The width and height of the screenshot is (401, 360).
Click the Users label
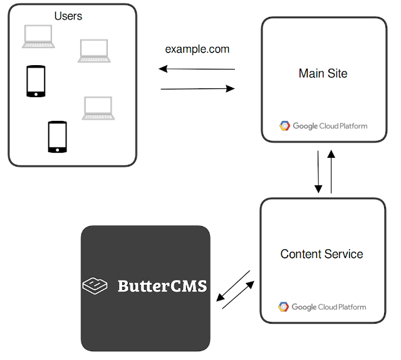(68, 16)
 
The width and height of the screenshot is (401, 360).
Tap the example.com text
(197, 49)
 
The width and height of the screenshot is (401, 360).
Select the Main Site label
(323, 73)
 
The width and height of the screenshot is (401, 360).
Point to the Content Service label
(321, 254)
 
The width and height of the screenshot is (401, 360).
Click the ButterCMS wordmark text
(162, 287)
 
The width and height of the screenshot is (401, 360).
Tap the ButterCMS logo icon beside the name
(95, 286)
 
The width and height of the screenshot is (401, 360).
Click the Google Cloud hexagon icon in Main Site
(284, 126)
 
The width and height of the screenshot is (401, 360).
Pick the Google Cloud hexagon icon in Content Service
(284, 307)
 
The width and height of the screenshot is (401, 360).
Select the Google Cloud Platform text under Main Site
(330, 126)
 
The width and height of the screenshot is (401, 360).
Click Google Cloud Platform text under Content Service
(329, 307)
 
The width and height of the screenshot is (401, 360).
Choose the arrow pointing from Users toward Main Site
(198, 89)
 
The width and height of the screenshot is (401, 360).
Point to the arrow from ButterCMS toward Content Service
(239, 295)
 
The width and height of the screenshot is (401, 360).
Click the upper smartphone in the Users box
(36, 81)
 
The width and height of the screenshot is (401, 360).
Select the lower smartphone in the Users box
(57, 136)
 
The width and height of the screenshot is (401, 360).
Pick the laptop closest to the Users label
(38, 36)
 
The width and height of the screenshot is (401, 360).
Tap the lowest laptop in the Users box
(97, 108)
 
